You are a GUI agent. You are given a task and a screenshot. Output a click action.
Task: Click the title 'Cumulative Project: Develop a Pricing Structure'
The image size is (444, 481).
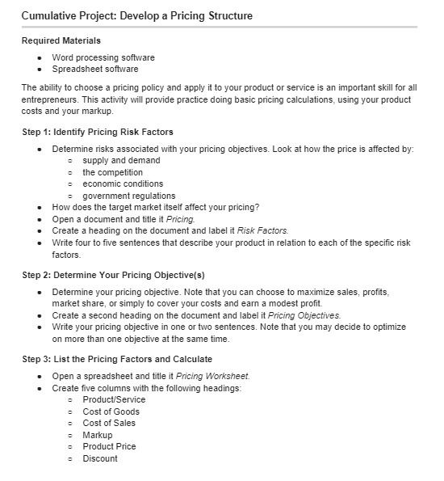tap(136, 15)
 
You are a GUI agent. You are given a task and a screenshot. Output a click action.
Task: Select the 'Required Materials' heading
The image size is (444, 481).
tap(61, 40)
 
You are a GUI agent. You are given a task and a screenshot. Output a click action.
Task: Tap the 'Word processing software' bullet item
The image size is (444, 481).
tap(103, 57)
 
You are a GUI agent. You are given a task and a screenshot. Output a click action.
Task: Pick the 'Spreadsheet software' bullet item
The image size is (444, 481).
tap(95, 69)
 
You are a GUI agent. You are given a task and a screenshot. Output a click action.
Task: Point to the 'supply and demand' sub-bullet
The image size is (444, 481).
tap(121, 161)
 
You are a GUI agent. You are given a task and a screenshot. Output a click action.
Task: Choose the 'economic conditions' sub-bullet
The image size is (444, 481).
tap(124, 184)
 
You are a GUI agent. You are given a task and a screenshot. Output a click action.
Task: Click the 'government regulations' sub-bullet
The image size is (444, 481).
tap(129, 196)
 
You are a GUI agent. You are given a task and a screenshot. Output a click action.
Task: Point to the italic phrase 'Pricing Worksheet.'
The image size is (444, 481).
tap(212, 376)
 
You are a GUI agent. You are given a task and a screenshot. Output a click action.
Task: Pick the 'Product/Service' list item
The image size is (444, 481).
tap(115, 400)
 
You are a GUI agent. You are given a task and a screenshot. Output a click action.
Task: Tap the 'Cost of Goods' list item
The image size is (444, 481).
tap(111, 411)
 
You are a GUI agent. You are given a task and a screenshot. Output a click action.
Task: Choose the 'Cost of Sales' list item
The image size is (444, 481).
tap(109, 423)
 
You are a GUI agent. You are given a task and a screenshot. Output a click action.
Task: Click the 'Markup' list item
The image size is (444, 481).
tap(98, 435)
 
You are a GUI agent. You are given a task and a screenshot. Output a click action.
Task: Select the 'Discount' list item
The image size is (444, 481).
tap(100, 458)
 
